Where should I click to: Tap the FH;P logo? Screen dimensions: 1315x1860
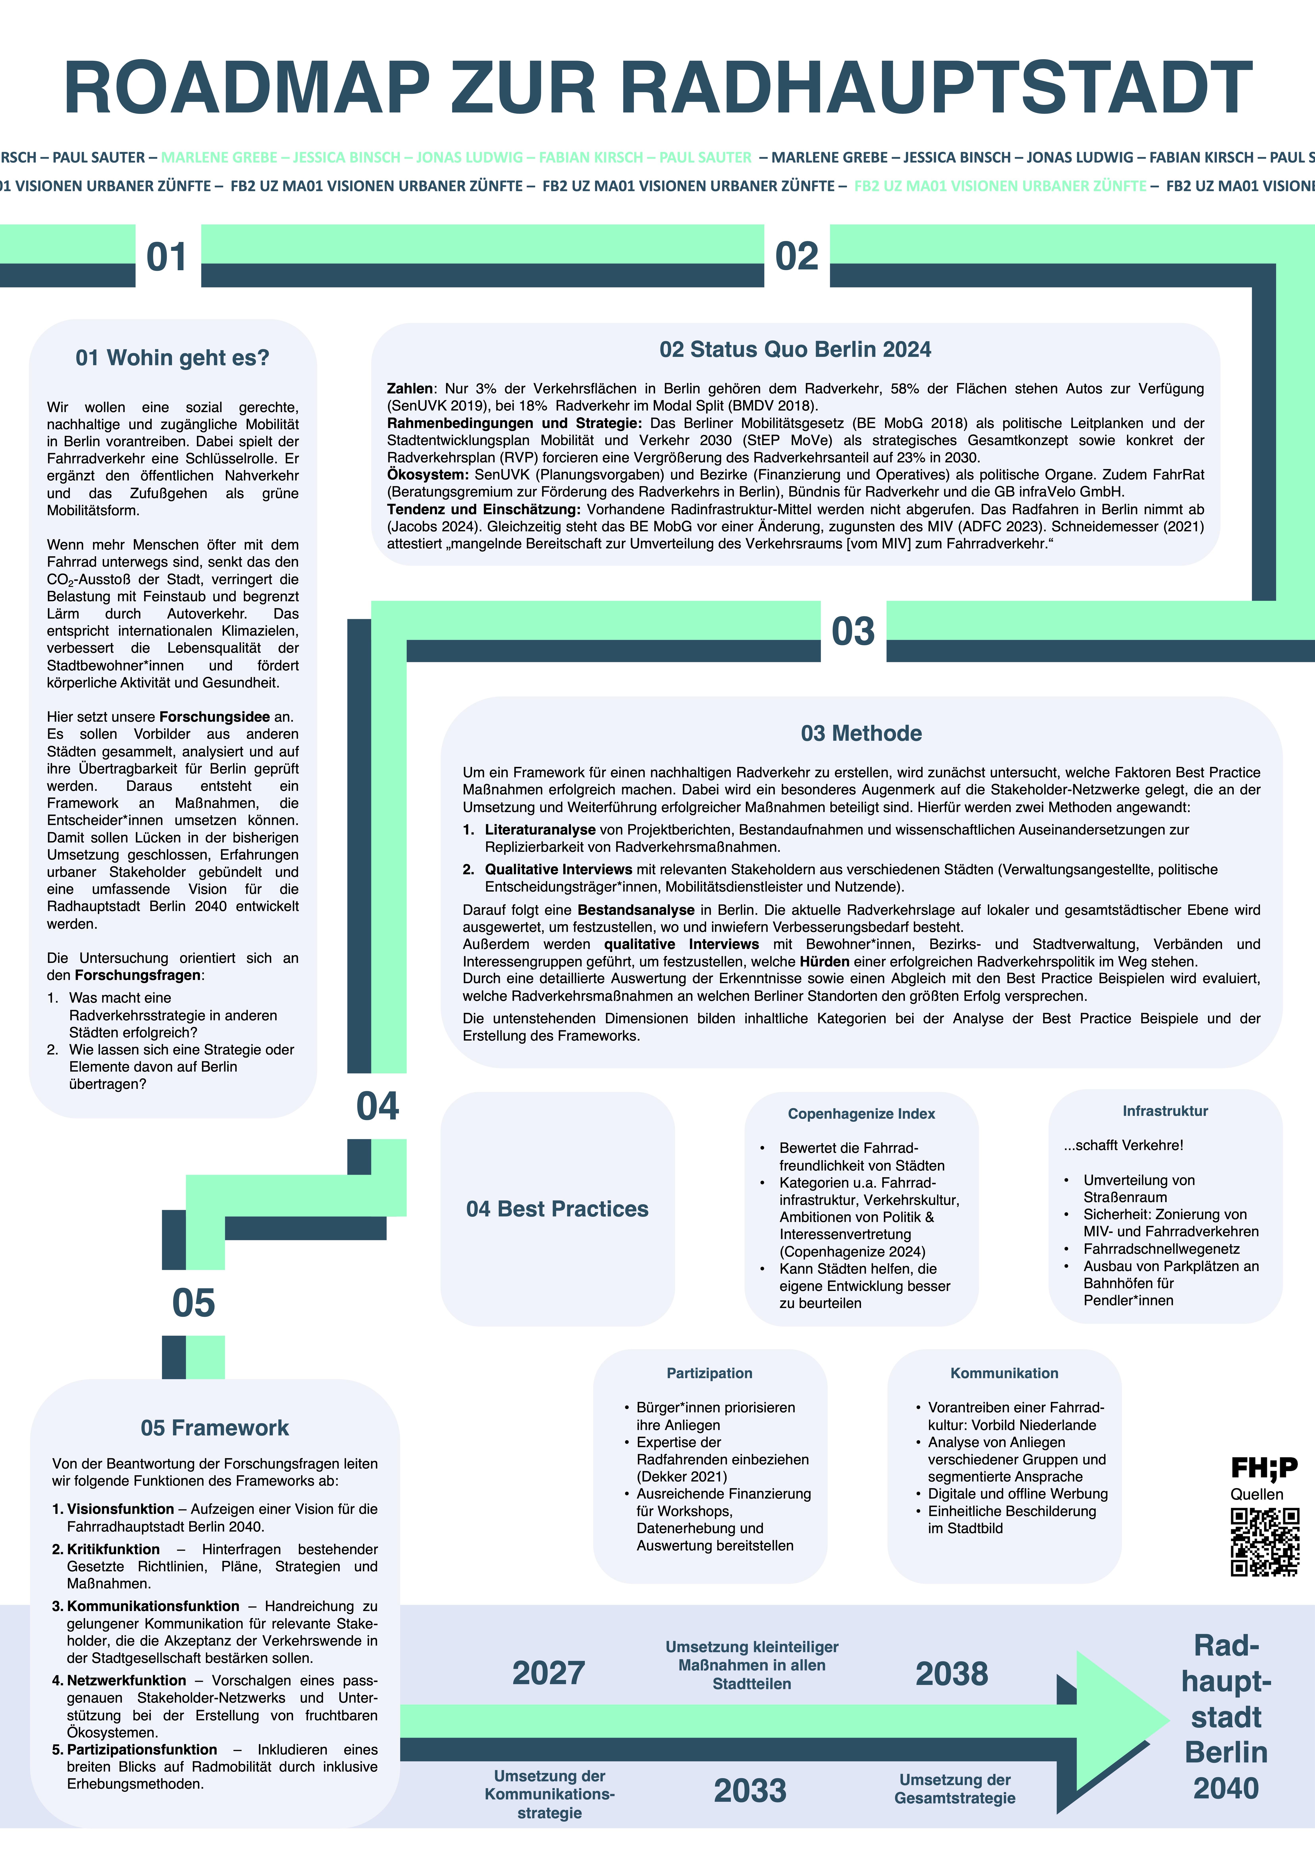1264,1467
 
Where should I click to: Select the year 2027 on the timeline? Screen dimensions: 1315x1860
548,1673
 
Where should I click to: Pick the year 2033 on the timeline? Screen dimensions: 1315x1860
750,1790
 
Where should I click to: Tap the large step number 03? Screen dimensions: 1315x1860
853,631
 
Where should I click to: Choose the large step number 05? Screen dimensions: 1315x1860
194,1303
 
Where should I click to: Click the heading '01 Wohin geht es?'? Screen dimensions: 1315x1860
173,358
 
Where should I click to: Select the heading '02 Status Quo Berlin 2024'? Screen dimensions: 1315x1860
795,349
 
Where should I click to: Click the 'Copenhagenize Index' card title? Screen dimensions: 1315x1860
862,1114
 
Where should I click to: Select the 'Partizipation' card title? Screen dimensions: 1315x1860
709,1373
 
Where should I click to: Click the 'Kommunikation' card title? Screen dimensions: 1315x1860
1004,1373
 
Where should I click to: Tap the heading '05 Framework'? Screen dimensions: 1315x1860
215,1427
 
